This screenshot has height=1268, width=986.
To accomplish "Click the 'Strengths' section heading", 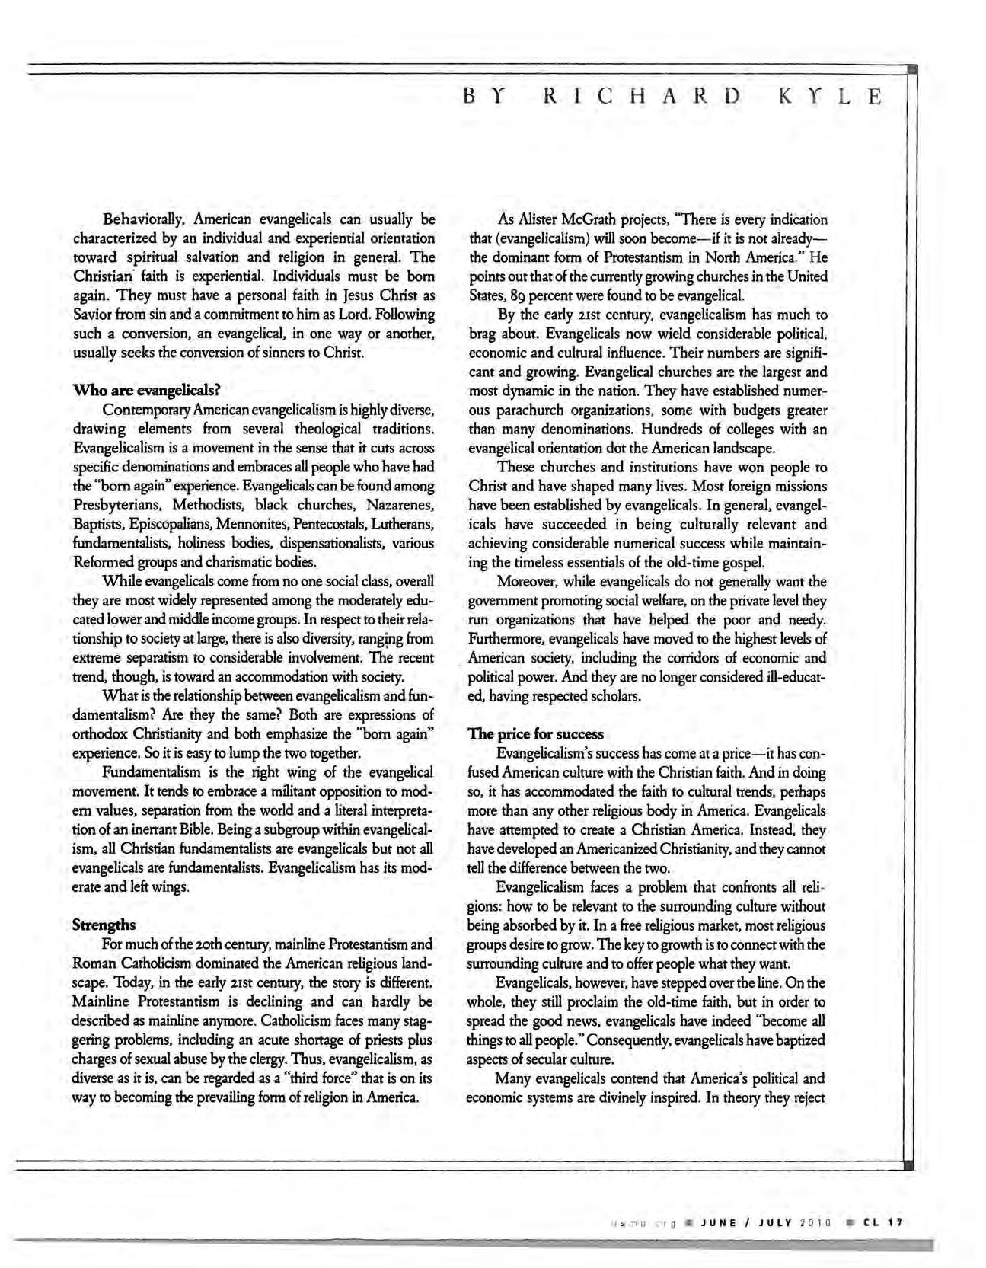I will pyautogui.click(x=104, y=925).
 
